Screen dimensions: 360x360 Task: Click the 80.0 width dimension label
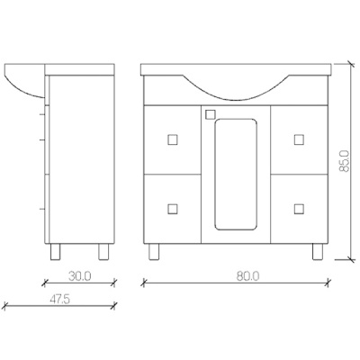click(247, 276)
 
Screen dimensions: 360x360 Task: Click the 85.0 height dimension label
click(345, 161)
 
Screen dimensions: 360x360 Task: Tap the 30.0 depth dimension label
click(79, 276)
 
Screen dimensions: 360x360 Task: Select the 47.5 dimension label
click(59, 300)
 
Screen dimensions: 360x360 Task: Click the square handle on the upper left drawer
click(173, 139)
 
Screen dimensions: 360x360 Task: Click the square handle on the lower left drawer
click(173, 209)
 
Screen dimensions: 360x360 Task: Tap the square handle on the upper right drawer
click(299, 139)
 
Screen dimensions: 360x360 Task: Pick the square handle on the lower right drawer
click(299, 209)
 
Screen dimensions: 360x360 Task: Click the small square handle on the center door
click(211, 114)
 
